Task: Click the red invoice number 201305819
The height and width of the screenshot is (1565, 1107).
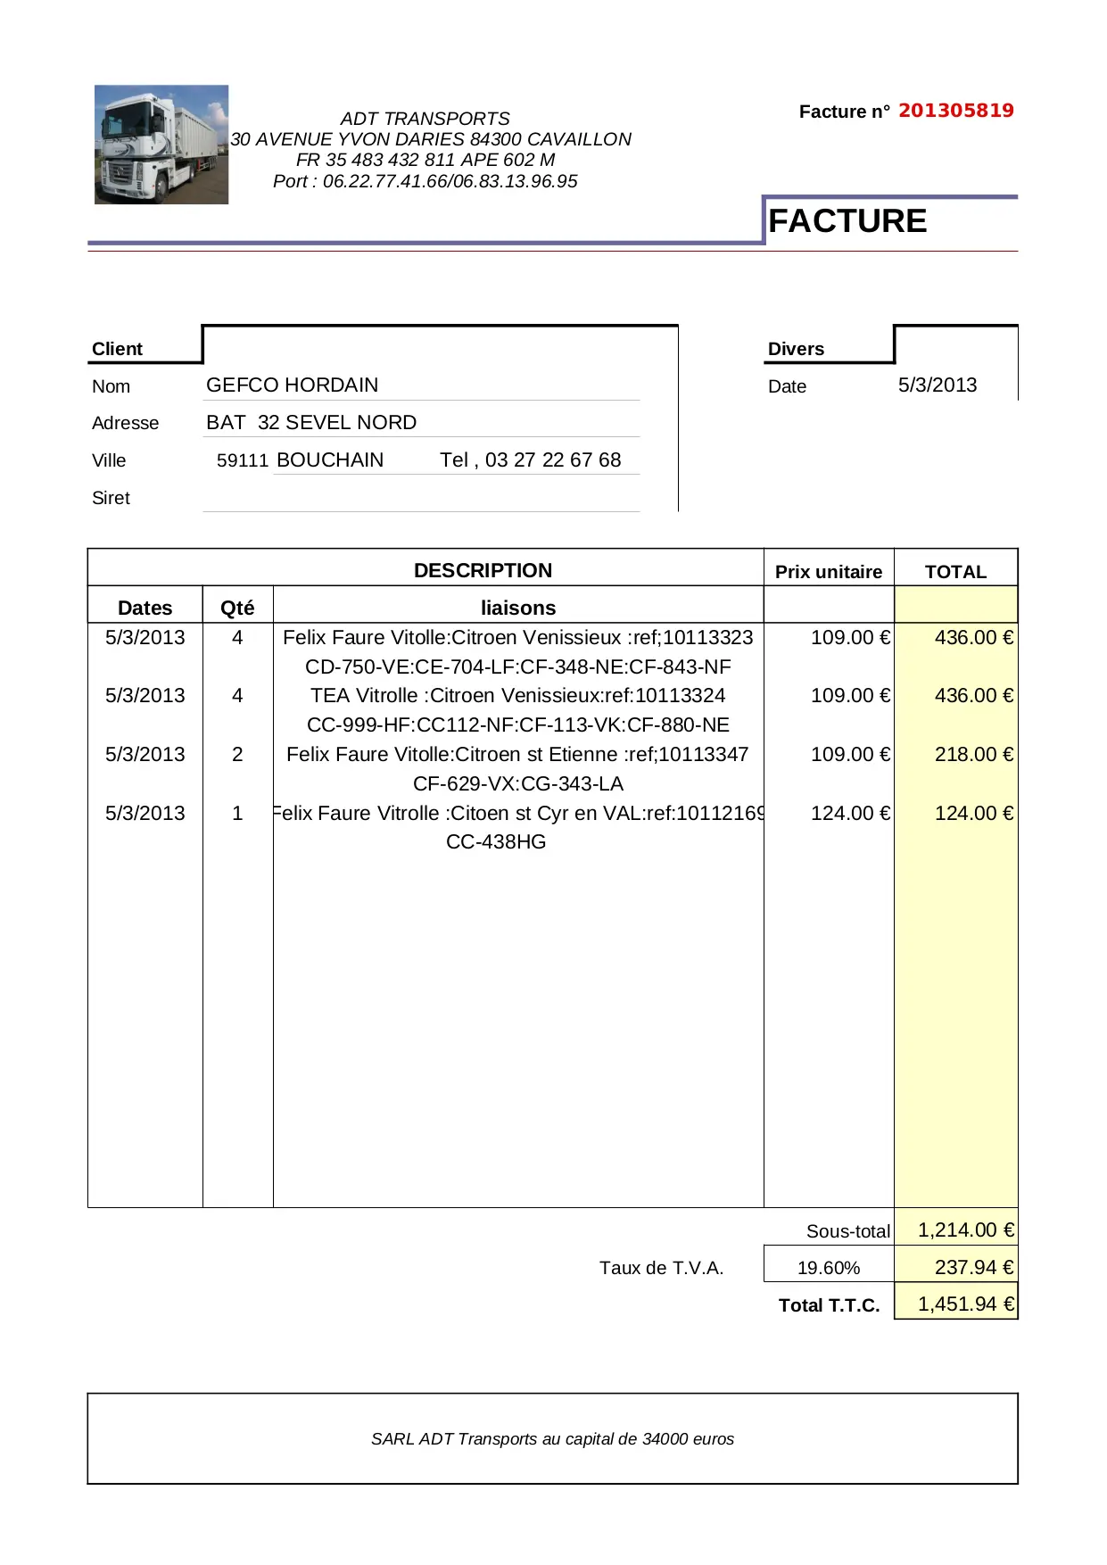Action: tap(955, 111)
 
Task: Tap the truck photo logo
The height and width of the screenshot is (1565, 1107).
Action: tap(161, 145)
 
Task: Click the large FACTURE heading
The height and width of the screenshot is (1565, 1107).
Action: tap(847, 221)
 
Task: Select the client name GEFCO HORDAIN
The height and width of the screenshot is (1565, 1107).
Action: tap(293, 385)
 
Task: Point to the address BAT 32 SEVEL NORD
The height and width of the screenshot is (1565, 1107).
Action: tap(311, 422)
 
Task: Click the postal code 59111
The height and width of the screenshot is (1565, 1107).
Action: tap(243, 460)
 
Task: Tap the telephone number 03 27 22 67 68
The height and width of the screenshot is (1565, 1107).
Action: tap(553, 460)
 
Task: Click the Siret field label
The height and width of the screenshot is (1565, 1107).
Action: tap(111, 498)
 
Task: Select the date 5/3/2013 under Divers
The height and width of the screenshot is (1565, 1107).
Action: tap(938, 385)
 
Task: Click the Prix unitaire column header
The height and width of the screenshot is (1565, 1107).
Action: tap(829, 572)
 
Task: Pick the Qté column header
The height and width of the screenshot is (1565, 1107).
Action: tap(237, 608)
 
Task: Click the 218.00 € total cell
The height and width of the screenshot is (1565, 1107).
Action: tap(973, 754)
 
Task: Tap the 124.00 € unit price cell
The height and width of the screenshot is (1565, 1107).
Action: tap(850, 813)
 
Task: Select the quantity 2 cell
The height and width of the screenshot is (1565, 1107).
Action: tap(237, 754)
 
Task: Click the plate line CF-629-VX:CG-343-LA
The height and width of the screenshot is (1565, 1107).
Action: tap(518, 783)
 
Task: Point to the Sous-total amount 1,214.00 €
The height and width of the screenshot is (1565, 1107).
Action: tap(966, 1230)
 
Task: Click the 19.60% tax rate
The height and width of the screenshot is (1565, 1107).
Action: tap(829, 1268)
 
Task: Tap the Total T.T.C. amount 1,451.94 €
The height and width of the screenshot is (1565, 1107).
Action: tap(966, 1304)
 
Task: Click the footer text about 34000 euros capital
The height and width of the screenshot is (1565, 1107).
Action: tap(552, 1438)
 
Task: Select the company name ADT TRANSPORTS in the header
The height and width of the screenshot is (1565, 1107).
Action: tap(425, 119)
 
